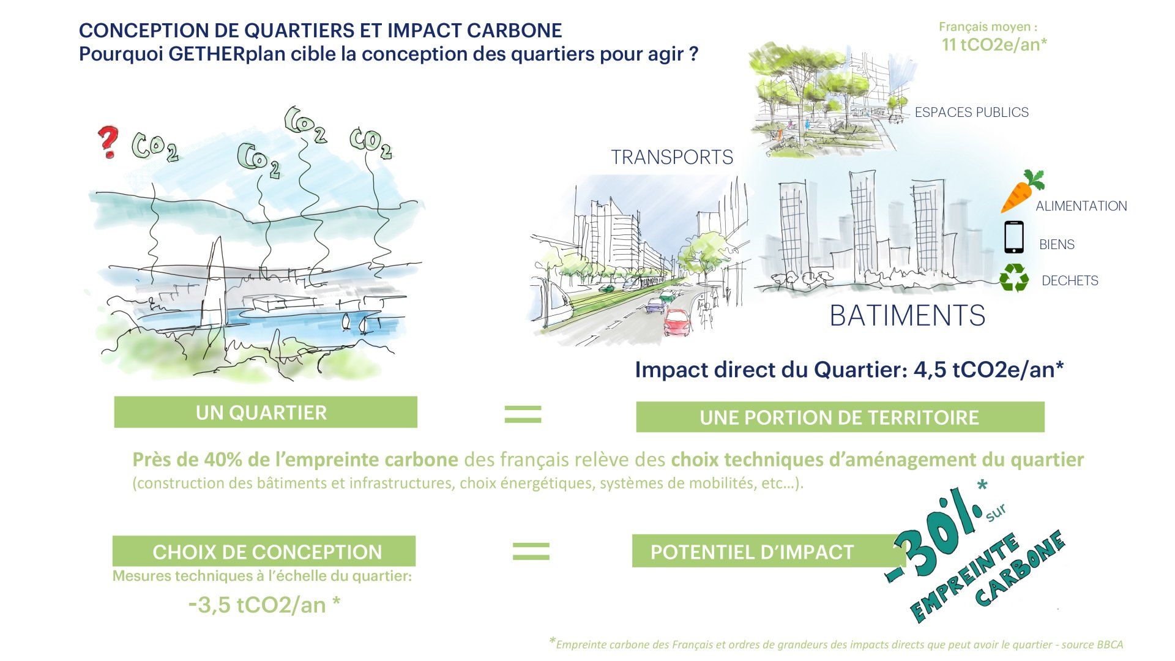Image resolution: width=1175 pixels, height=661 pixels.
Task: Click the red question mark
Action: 108,142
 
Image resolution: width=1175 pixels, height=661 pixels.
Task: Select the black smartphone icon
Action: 1013,237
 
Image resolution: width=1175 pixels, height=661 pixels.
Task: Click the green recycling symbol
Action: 1014,277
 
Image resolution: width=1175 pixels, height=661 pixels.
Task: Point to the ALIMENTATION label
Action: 1081,206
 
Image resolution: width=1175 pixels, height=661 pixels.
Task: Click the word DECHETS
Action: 1070,281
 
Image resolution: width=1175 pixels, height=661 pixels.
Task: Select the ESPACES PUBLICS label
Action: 971,113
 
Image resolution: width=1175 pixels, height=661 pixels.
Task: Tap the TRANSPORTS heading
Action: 672,158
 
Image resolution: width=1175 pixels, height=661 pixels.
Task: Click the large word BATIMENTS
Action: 908,316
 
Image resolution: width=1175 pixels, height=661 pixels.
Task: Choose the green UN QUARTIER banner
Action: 266,412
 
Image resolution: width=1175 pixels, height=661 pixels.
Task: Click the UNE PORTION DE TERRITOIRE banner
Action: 840,417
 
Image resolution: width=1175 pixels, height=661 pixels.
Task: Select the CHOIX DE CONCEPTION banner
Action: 264,551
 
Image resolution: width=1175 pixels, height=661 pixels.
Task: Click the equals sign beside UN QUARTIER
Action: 523,414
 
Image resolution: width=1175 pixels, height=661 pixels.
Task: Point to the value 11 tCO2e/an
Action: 994,45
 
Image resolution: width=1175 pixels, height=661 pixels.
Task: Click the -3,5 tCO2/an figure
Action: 265,605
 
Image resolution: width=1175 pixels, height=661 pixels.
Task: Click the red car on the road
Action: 676,322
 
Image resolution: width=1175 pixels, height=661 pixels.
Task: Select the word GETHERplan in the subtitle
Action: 217,54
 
